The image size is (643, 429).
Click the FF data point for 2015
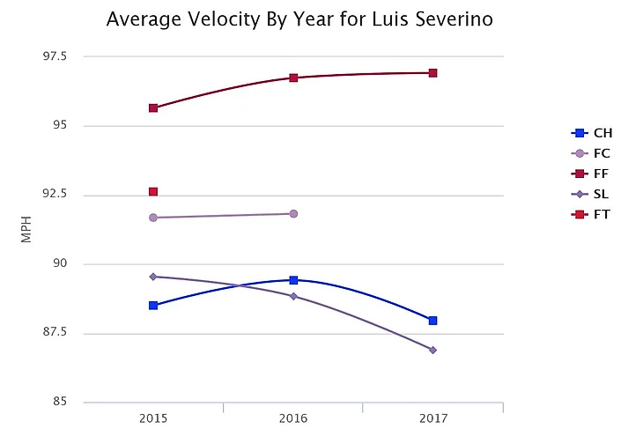(x=153, y=108)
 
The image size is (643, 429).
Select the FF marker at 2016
(x=293, y=78)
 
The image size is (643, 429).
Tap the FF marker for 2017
(x=433, y=73)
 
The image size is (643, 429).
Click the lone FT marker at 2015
(x=153, y=191)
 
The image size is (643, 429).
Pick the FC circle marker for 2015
(x=153, y=217)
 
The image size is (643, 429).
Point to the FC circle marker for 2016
(x=293, y=213)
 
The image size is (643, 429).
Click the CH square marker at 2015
(x=153, y=305)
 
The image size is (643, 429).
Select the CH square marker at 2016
(x=293, y=280)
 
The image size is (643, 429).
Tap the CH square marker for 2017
(x=433, y=321)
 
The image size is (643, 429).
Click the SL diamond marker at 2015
(x=153, y=277)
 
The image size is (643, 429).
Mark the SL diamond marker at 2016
(x=293, y=296)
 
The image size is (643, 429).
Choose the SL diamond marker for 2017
(x=433, y=350)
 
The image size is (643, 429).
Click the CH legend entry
(x=592, y=134)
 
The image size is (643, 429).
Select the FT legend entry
(x=592, y=214)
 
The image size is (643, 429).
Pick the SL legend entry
(x=592, y=194)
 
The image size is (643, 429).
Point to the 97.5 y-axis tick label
(x=67, y=56)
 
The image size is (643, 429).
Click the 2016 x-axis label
(x=293, y=417)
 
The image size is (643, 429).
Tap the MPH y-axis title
(x=26, y=229)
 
